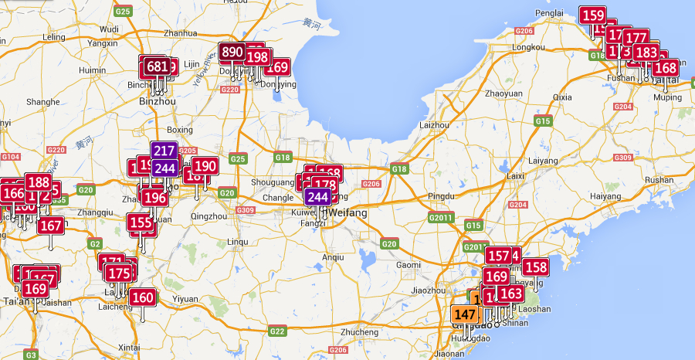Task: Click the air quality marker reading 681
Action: [x=157, y=66]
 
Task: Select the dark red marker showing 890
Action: [x=232, y=53]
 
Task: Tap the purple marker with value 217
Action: [x=164, y=151]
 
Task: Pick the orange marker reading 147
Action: [x=465, y=314]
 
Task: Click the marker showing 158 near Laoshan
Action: [x=535, y=268]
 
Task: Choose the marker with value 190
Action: [x=205, y=165]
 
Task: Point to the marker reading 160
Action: [x=142, y=297]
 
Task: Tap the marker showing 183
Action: [x=646, y=53]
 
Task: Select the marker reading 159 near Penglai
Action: [x=593, y=15]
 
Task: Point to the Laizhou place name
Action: [x=433, y=124]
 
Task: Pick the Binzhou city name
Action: [x=158, y=101]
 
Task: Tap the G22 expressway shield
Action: [x=276, y=331]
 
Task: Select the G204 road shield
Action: [x=518, y=205]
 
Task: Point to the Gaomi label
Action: [x=409, y=264]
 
